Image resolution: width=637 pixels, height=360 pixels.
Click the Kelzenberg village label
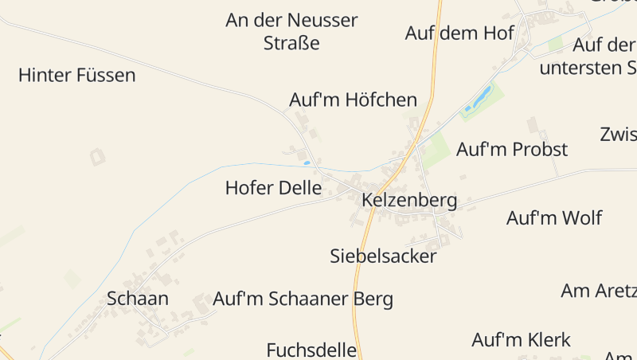click(409, 200)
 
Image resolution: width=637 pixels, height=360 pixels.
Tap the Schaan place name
click(138, 299)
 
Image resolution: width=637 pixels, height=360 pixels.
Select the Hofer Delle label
click(273, 189)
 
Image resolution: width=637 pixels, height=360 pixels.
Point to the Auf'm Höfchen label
click(353, 100)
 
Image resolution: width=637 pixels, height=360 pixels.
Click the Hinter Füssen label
click(76, 76)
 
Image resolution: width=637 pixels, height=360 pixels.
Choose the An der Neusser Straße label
click(291, 31)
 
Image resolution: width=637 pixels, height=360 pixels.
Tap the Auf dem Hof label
click(459, 33)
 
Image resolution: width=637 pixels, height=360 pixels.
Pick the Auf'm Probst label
click(511, 149)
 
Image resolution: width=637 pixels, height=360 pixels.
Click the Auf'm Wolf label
click(554, 217)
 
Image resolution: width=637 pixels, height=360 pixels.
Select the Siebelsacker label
click(383, 256)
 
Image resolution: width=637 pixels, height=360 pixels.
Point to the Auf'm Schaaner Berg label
click(303, 299)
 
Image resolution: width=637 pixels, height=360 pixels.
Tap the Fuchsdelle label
click(311, 350)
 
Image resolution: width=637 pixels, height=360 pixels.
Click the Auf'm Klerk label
click(521, 340)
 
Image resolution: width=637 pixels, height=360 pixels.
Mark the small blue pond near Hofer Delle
click(307, 163)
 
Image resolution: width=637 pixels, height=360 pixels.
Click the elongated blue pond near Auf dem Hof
click(483, 97)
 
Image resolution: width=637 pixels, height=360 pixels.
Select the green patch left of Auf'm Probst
click(434, 150)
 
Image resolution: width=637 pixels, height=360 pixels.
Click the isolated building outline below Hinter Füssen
click(97, 157)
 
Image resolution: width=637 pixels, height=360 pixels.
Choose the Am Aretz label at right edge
click(598, 291)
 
